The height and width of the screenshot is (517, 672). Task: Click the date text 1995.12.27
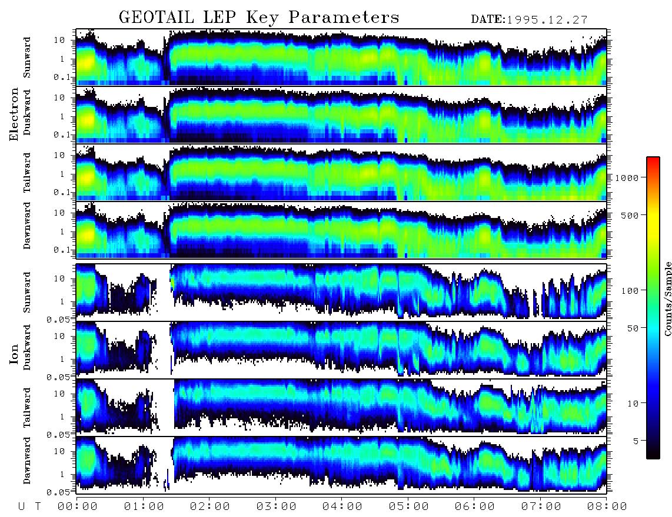click(x=547, y=20)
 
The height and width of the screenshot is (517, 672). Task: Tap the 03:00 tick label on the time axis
click(x=276, y=506)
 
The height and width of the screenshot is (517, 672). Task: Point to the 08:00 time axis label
click(x=607, y=506)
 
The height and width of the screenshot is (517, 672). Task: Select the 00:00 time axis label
click(x=78, y=506)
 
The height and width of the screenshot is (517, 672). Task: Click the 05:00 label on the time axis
click(x=408, y=506)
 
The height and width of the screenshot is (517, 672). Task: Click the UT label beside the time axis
click(x=29, y=506)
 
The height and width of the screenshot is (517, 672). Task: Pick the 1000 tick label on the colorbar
click(x=627, y=177)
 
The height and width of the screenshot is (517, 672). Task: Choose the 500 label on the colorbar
click(x=630, y=215)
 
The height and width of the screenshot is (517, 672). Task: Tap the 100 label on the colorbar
click(x=630, y=291)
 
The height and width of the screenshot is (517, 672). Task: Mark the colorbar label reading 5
click(x=636, y=441)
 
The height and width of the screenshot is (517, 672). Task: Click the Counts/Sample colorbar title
click(x=667, y=298)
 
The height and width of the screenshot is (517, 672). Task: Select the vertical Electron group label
click(x=14, y=114)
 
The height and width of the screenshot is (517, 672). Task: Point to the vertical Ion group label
click(x=14, y=354)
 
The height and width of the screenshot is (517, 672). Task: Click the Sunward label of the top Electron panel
click(x=27, y=58)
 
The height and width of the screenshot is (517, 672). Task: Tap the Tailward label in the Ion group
click(x=27, y=408)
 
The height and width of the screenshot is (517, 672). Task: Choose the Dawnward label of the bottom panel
click(x=27, y=460)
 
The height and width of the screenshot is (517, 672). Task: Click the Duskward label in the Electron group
click(x=27, y=112)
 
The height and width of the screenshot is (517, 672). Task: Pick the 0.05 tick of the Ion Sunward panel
click(x=61, y=319)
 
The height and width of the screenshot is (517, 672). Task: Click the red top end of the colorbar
click(x=653, y=159)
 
